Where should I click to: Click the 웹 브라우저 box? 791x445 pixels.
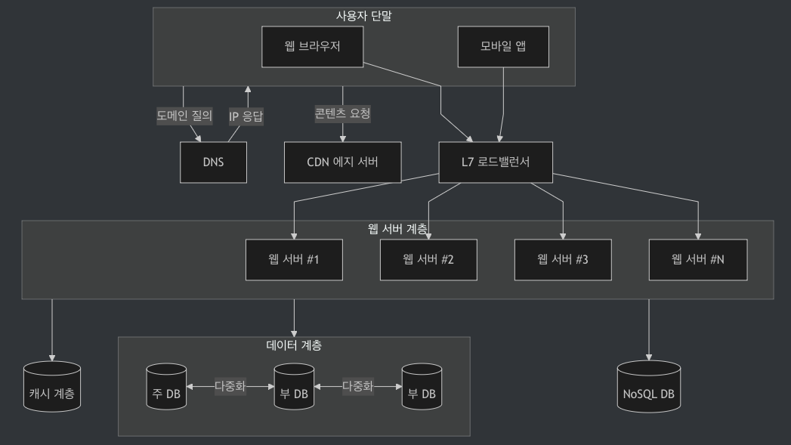[313, 46]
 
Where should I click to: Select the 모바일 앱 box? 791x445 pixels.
[503, 46]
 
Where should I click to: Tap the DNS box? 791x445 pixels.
[213, 162]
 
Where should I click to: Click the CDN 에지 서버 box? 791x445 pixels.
[342, 162]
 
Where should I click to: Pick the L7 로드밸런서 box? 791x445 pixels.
[496, 162]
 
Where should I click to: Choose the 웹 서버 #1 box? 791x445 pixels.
[294, 260]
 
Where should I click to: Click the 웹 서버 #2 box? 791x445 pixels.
[428, 260]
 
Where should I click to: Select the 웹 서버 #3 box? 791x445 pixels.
[563, 260]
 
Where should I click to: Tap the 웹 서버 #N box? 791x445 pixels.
[697, 260]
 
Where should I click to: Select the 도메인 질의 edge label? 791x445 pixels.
[184, 116]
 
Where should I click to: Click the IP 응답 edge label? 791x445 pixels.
[246, 116]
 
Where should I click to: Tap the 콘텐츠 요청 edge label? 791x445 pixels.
[342, 114]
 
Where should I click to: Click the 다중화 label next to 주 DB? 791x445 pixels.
[230, 385]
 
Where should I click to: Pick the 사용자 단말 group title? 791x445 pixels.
[363, 15]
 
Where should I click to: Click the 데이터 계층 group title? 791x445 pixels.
[294, 345]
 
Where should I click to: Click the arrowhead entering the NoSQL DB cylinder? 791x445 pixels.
[648, 357]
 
